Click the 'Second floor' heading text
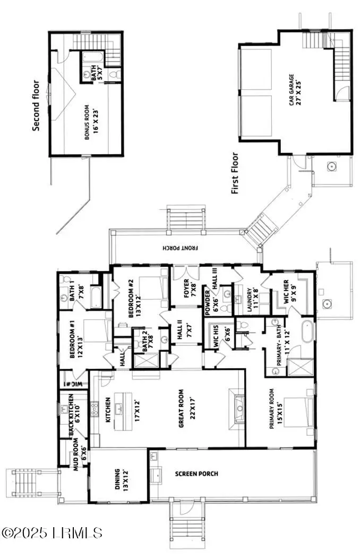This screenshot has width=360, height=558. pyautogui.click(x=36, y=105)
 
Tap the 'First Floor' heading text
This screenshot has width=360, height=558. pyautogui.click(x=235, y=173)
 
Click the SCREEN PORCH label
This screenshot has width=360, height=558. pyautogui.click(x=196, y=474)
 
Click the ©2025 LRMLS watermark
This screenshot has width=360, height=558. pyautogui.click(x=52, y=532)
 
